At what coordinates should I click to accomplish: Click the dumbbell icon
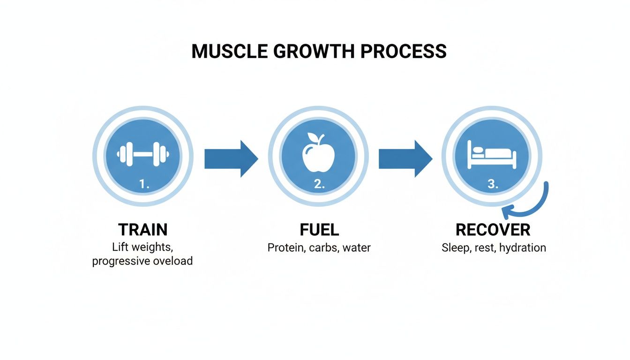tap(143, 153)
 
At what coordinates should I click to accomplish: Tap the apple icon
tap(318, 155)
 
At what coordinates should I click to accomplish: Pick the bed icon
tap(492, 156)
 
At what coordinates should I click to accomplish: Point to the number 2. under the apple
tap(319, 185)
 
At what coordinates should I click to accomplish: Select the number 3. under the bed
tap(493, 185)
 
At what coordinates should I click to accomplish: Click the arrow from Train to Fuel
tap(231, 158)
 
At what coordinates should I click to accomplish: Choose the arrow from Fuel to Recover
tap(405, 158)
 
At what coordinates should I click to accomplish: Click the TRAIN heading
tap(143, 230)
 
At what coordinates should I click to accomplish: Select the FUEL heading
tap(319, 230)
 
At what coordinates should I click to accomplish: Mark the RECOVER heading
tap(493, 230)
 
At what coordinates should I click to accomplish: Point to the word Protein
tap(286, 247)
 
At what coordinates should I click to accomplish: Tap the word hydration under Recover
tap(522, 247)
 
